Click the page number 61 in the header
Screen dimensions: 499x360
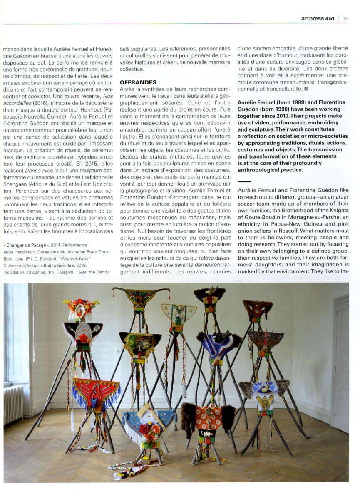345,18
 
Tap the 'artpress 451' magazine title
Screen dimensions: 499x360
318,18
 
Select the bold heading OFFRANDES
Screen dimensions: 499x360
138,82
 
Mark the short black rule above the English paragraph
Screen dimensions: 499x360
244,182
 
